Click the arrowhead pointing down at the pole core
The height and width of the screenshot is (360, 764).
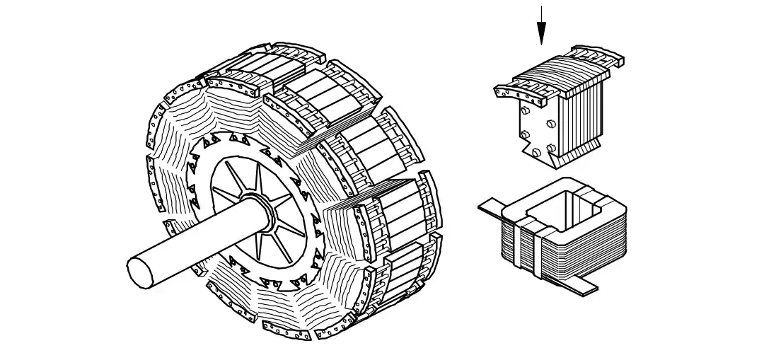pos(541,33)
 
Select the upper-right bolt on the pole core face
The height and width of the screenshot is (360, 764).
pos(549,122)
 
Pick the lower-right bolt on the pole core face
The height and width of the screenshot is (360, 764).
pos(550,149)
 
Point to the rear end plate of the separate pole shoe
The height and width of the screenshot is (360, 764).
pos(598,57)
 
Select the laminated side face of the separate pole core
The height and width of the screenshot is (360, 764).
pos(580,117)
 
